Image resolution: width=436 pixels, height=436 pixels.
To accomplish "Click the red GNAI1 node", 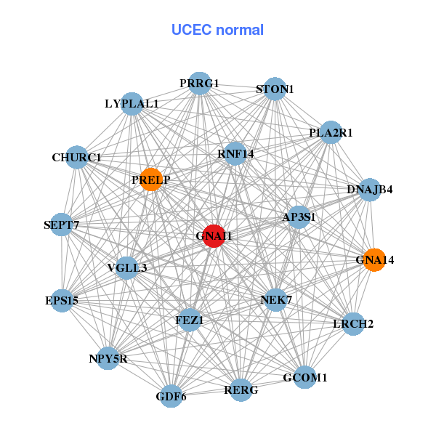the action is [213, 236].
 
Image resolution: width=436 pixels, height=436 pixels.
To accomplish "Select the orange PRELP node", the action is [150, 179].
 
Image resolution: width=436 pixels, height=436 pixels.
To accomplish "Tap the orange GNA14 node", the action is [374, 259].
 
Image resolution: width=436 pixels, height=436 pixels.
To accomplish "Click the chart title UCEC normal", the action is [217, 30].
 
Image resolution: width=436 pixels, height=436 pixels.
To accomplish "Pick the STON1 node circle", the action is [274, 89].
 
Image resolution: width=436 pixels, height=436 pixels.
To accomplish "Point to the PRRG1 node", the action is [199, 84].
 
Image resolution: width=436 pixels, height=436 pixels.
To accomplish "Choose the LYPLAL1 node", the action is [132, 104].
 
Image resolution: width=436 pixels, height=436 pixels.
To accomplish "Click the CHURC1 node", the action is [77, 157].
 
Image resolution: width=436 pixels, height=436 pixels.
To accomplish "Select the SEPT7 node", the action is [62, 226].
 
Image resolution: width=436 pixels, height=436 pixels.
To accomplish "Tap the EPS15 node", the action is [62, 299].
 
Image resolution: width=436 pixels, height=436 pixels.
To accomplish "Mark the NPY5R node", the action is [108, 358].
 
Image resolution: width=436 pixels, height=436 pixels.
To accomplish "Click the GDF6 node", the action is [171, 396].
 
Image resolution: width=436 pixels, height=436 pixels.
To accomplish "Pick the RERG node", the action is [241, 391].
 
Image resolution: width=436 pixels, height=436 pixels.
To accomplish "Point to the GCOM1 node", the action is [305, 377].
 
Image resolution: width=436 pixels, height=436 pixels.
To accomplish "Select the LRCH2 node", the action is [353, 323].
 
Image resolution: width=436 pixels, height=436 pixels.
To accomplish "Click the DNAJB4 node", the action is [370, 190].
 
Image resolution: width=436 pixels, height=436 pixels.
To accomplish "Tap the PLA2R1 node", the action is [331, 133].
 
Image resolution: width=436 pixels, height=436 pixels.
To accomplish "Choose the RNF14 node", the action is [235, 153].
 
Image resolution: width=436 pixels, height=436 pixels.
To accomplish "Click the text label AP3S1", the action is [299, 217].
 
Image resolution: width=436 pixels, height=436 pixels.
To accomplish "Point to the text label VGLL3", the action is [127, 268].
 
